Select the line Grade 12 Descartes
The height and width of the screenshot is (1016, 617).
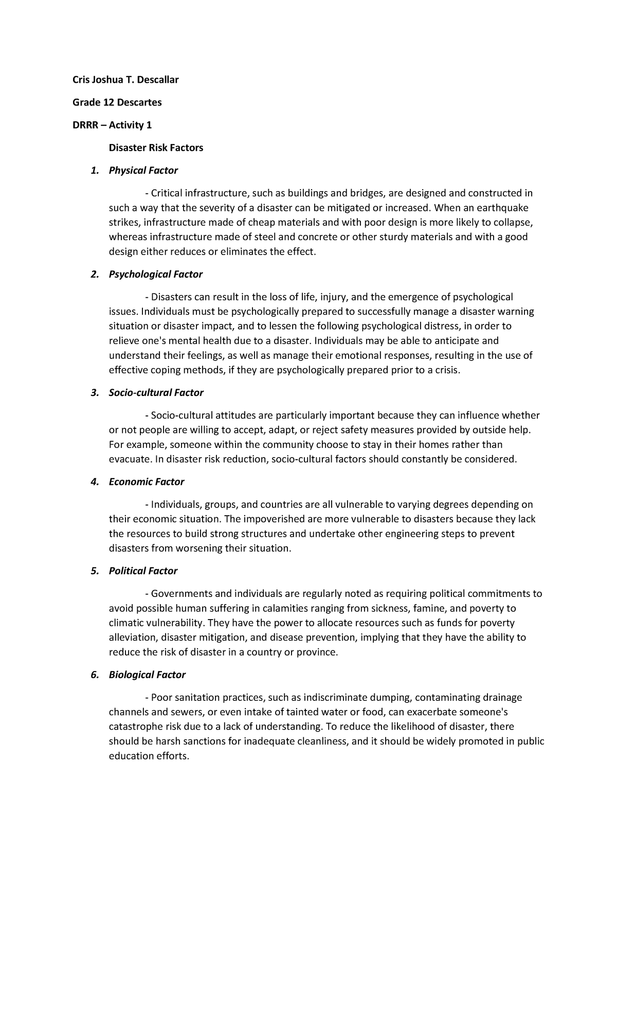click(x=117, y=102)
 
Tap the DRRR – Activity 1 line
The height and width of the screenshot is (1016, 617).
click(x=112, y=125)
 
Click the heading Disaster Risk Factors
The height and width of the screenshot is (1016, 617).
click(x=156, y=148)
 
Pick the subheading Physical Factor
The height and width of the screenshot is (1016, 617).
click(x=143, y=170)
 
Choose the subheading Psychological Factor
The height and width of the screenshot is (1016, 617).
click(x=155, y=274)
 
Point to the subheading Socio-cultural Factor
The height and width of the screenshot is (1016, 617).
click(x=156, y=392)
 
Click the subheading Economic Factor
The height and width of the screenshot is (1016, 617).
click(x=146, y=482)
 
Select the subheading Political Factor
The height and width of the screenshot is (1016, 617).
click(x=143, y=571)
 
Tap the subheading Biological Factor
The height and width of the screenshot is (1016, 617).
click(x=147, y=675)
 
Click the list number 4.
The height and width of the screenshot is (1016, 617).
click(x=94, y=482)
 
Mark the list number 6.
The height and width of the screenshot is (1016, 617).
click(x=94, y=675)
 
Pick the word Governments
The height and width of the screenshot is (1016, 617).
click(x=178, y=594)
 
